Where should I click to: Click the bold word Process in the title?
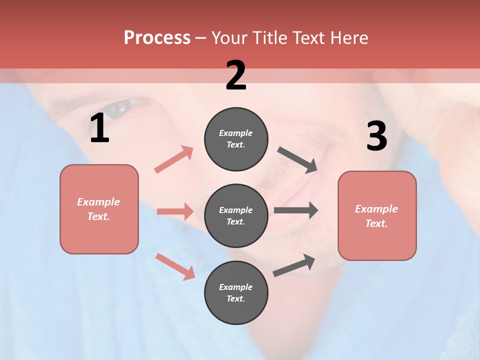(x=157, y=38)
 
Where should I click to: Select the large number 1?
(x=99, y=128)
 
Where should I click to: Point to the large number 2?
(x=236, y=75)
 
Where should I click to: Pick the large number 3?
(x=376, y=136)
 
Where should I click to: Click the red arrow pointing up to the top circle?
(x=174, y=159)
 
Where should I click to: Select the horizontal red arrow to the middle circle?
(x=175, y=211)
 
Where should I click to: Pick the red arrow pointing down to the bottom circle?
(x=175, y=266)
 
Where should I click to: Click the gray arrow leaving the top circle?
(x=297, y=160)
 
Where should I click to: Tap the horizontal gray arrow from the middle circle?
(x=296, y=210)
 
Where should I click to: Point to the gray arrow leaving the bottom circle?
(x=294, y=265)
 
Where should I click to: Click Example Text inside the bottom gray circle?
(x=236, y=292)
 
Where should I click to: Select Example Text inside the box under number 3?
(x=376, y=216)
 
